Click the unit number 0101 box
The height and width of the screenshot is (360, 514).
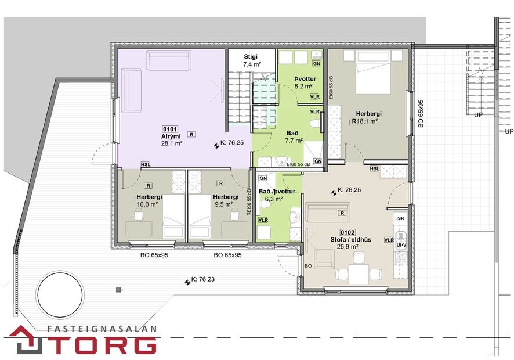[x=170, y=129]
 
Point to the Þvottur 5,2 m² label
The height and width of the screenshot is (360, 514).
[x=303, y=82]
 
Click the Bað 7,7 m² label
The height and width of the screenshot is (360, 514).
[x=294, y=136]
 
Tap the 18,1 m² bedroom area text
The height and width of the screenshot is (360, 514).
[x=368, y=122]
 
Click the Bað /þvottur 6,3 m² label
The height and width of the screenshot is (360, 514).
[x=277, y=195]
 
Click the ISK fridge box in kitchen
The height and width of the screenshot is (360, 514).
[x=400, y=219]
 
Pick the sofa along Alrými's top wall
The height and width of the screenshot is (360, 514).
[x=168, y=60]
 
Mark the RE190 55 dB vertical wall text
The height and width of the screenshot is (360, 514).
[x=249, y=203]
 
